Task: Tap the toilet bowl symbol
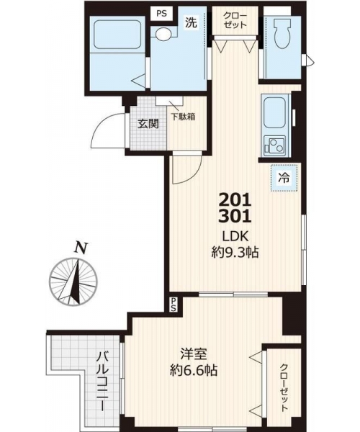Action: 282,35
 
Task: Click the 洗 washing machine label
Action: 191,23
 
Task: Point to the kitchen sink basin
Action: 275,113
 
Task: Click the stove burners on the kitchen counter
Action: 274,146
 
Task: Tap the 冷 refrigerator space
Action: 284,178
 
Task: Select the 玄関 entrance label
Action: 148,124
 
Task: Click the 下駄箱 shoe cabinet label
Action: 183,117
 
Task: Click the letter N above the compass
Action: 81,248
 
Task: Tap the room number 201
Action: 235,199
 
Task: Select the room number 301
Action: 235,216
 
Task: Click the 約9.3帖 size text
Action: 235,252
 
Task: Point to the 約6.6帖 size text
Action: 194,370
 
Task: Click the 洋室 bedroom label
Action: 194,354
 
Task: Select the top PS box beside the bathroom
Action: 162,13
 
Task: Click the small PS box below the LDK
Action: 174,305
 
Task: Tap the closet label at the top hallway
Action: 235,20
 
